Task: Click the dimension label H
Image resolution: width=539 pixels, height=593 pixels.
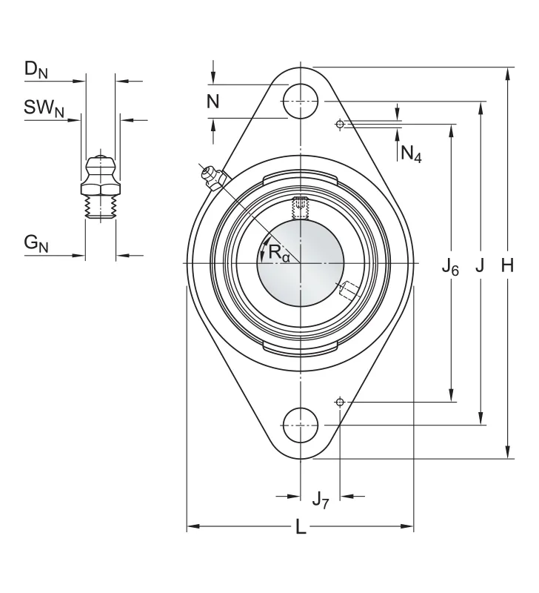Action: click(x=507, y=265)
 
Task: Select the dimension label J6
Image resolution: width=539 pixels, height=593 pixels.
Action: click(x=450, y=268)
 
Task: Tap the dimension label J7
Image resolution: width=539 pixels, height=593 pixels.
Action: click(x=321, y=500)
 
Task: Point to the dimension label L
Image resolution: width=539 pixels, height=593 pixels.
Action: click(x=301, y=526)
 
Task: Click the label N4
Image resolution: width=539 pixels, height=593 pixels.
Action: click(x=411, y=154)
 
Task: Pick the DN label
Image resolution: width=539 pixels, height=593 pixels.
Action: click(x=36, y=70)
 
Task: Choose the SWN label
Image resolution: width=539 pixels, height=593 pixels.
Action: click(x=44, y=108)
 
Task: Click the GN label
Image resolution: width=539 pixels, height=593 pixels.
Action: click(x=36, y=243)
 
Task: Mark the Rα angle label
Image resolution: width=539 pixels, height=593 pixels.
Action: click(x=278, y=253)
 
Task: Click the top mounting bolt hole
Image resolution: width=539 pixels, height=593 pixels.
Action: click(x=301, y=101)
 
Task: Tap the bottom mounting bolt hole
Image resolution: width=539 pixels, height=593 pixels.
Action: click(x=301, y=425)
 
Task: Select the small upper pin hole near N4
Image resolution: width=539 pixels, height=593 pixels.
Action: click(x=340, y=124)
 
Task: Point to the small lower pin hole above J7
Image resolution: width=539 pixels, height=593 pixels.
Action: click(x=340, y=402)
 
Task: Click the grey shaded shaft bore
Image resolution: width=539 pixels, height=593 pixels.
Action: click(x=301, y=263)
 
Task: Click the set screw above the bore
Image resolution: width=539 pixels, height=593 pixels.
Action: click(x=301, y=208)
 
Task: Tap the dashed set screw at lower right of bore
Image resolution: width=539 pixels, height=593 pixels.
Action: click(x=349, y=291)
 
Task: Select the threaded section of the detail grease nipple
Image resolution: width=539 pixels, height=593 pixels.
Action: click(x=101, y=207)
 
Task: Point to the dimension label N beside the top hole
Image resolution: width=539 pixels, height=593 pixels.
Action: click(x=213, y=102)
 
